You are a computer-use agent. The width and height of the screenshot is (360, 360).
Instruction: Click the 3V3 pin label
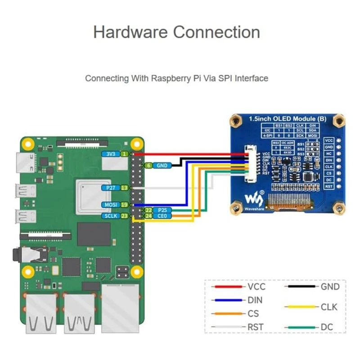pos(111,154)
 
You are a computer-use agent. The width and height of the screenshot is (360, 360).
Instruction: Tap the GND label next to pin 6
pos(162,166)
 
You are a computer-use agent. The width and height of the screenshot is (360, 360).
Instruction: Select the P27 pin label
pos(111,187)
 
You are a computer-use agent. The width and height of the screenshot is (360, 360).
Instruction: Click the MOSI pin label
pos(111,205)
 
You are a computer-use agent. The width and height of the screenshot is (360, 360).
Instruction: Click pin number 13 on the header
pos(125,187)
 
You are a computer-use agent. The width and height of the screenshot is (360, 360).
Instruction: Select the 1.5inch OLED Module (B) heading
pos(288,119)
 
